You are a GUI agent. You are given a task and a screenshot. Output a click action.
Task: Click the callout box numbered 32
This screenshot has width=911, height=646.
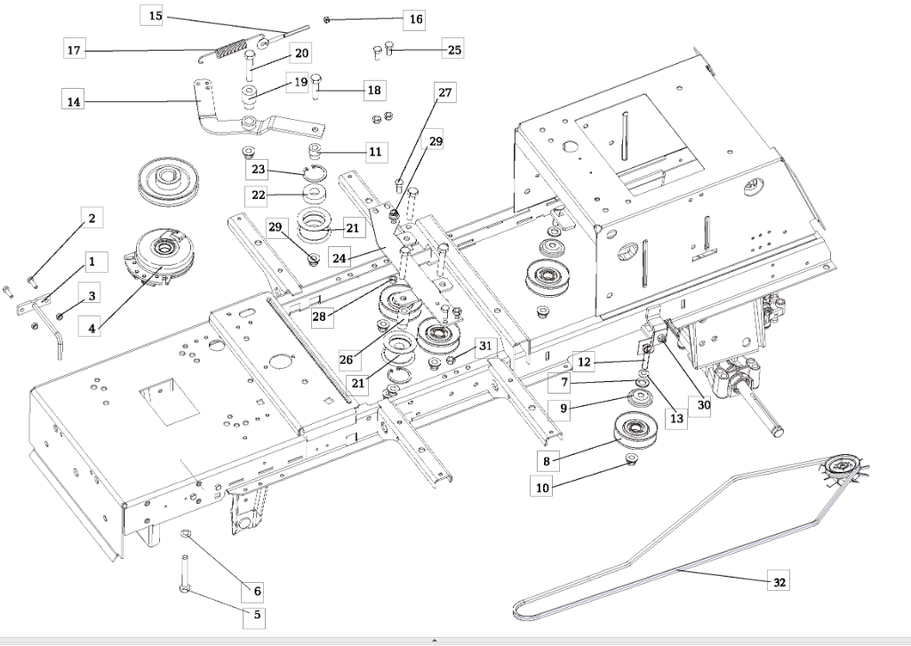pos(779,581)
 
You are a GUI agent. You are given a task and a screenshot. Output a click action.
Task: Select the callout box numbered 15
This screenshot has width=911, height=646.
pos(155,15)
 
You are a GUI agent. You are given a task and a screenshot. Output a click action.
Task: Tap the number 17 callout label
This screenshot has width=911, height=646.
pos(75,50)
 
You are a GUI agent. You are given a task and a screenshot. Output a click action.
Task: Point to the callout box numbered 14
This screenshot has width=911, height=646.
pos(73,101)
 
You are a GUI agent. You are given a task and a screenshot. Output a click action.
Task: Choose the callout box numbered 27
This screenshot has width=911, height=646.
pos(444,92)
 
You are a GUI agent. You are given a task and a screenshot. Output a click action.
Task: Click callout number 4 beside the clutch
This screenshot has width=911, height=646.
pos(92,328)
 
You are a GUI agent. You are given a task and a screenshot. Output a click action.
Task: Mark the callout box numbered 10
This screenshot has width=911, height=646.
pos(541,487)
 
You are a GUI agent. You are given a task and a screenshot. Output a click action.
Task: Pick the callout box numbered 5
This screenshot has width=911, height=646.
pos(257,613)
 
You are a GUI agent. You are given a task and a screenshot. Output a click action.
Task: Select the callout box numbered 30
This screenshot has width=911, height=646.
pos(703,404)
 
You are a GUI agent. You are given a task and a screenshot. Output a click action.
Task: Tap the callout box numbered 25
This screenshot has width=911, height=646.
pos(454,50)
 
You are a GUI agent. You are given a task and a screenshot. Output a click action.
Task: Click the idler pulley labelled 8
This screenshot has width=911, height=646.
pos(631,432)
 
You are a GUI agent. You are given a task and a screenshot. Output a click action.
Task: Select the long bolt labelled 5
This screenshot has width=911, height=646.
pos(185,574)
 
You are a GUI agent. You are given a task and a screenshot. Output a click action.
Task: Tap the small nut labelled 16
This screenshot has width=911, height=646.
pos(327,20)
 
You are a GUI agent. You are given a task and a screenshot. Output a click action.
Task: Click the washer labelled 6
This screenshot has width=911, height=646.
pos(186,532)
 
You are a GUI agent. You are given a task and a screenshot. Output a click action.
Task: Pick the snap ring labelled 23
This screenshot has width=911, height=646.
pos(314,171)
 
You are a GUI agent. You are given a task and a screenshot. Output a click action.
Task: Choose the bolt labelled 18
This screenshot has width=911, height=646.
pos(316,86)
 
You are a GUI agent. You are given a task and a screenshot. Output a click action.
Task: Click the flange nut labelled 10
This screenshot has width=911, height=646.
pos(630,459)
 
